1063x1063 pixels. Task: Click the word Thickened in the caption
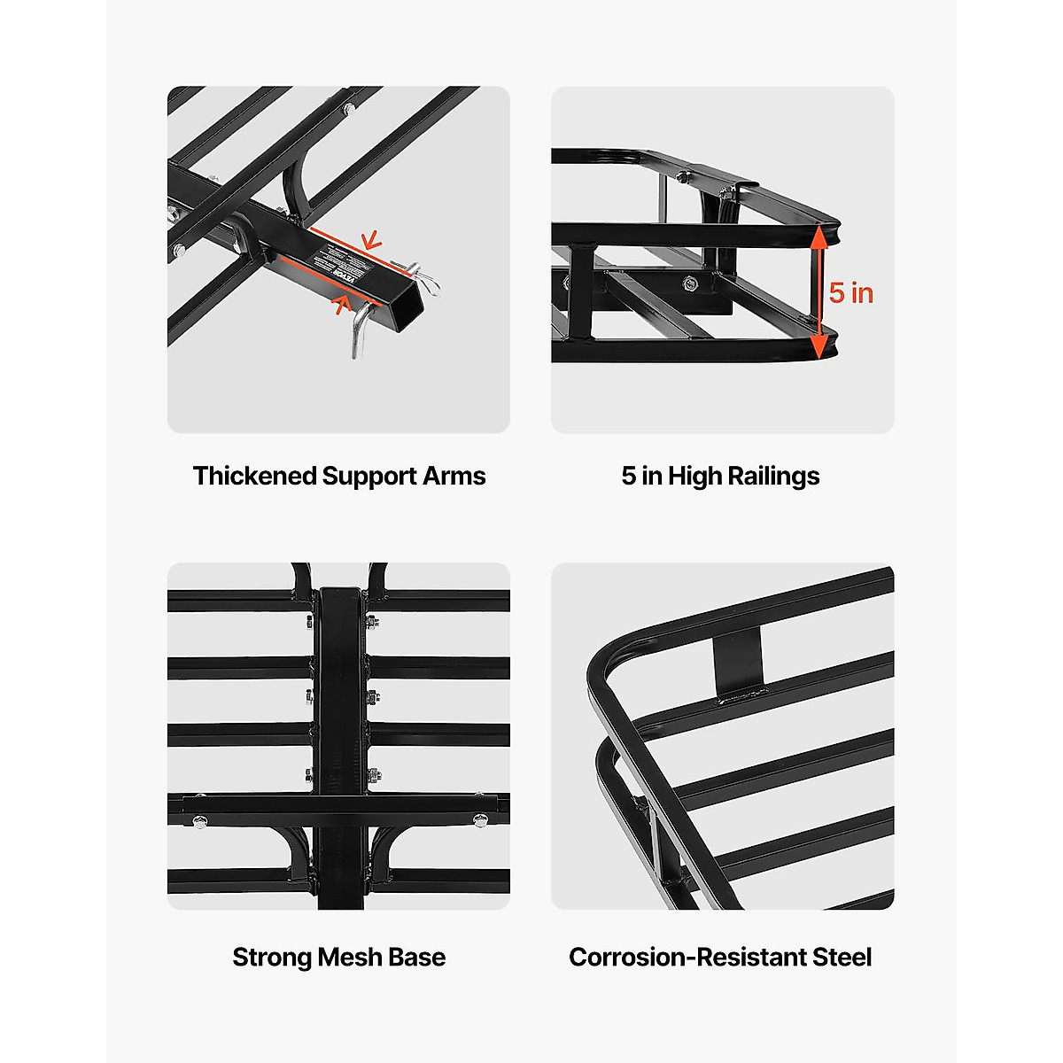click(254, 477)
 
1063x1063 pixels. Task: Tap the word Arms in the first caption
click(454, 477)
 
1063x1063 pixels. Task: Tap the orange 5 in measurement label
click(851, 293)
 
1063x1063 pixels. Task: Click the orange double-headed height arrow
click(820, 292)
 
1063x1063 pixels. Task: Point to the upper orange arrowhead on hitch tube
click(371, 240)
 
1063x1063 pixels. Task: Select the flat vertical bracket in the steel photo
click(738, 661)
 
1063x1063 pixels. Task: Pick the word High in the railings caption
click(695, 477)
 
